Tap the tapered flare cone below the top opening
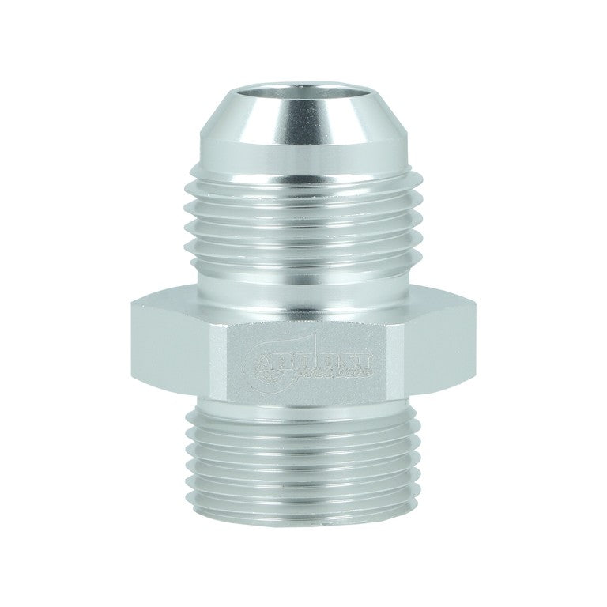pyautogui.click(x=303, y=142)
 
